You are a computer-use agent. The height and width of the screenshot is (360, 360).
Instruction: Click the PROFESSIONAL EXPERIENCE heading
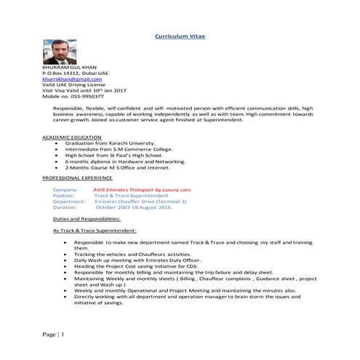point(77,177)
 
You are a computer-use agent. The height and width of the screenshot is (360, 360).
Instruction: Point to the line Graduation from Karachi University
point(109,143)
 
